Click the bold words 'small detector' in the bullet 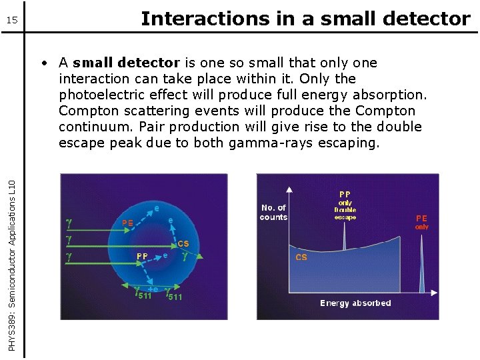coord(127,63)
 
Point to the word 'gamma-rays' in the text coord(279,143)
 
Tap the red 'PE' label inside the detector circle coord(128,222)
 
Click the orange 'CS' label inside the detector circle coord(183,244)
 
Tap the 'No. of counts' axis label coord(273,213)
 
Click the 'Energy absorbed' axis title coord(355,303)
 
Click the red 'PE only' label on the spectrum coord(422,222)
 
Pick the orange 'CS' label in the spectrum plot coord(301,257)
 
